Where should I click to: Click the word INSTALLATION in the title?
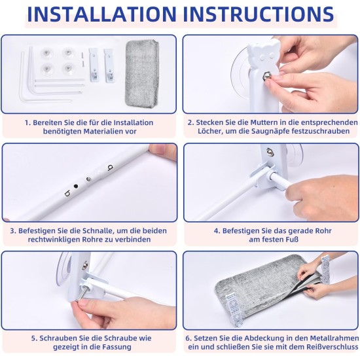click(x=101, y=14)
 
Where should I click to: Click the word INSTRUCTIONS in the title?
click(x=259, y=14)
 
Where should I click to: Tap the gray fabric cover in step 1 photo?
click(x=142, y=74)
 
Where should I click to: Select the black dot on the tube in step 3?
click(x=75, y=186)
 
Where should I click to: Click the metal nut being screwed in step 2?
click(x=267, y=75)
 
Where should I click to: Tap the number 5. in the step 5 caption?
click(x=34, y=338)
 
